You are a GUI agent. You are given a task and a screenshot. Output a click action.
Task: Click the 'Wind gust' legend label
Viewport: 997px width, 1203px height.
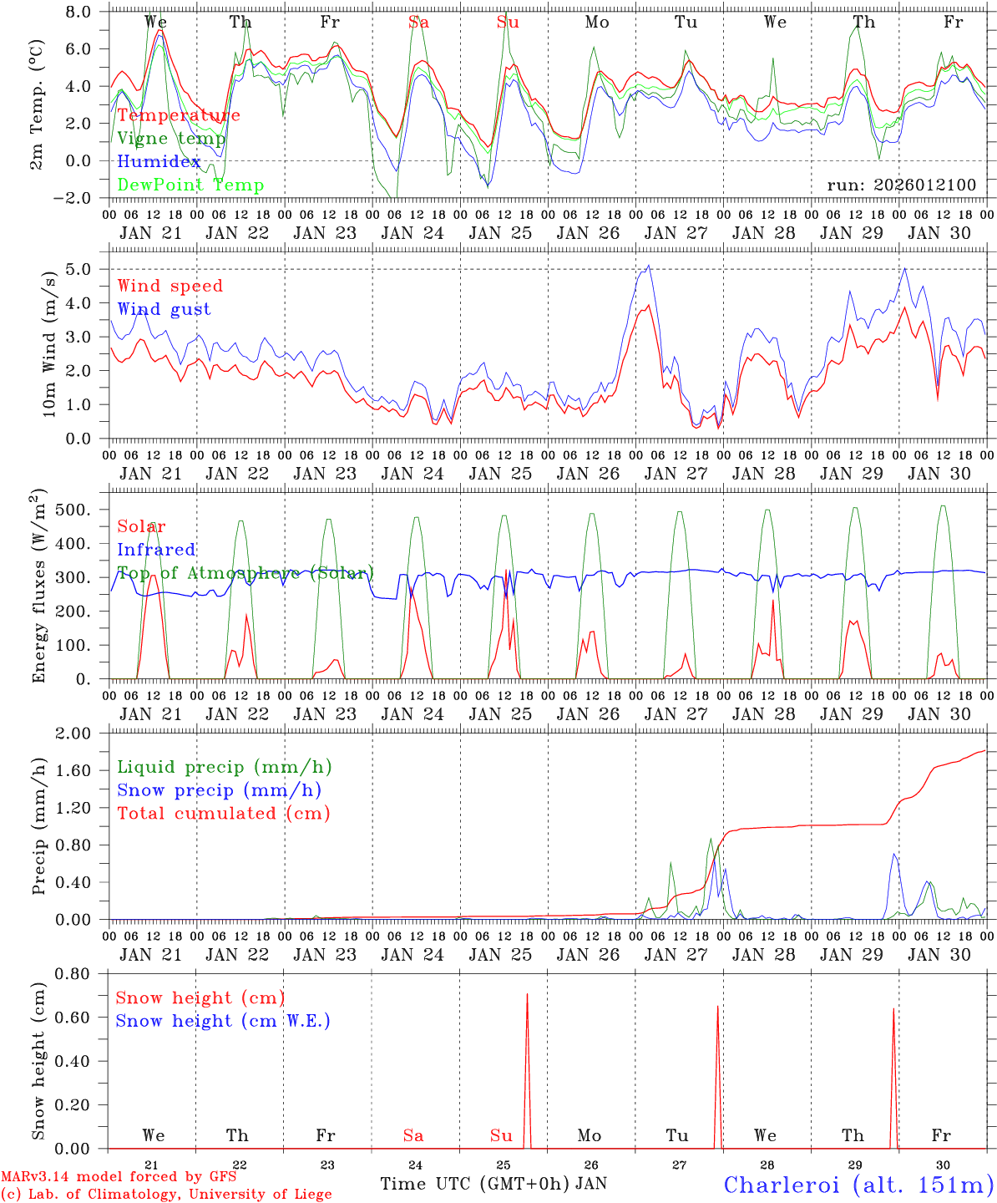click(164, 309)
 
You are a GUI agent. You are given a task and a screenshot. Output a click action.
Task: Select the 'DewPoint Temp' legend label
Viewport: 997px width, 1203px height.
click(190, 185)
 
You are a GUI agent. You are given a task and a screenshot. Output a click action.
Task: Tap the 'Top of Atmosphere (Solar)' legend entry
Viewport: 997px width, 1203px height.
click(245, 573)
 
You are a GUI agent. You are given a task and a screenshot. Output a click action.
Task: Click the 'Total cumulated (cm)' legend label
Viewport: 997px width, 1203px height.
click(223, 813)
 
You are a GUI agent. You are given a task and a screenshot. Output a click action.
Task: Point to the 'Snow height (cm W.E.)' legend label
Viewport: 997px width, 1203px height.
click(223, 1021)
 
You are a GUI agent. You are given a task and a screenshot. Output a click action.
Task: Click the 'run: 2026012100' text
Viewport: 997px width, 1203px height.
click(901, 185)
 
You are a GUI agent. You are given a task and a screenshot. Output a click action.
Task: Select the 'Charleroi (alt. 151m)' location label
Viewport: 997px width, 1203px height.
click(858, 1185)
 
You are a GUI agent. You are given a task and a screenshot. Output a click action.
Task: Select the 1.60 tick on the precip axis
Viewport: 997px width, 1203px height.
click(84, 770)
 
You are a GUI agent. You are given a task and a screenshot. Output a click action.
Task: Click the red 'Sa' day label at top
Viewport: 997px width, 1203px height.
click(418, 23)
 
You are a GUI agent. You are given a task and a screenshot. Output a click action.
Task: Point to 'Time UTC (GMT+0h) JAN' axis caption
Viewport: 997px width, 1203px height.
click(493, 1184)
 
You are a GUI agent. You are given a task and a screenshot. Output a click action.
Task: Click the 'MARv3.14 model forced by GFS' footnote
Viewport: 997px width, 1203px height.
click(119, 1176)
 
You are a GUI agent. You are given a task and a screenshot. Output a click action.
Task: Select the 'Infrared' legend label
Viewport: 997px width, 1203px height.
click(156, 550)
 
